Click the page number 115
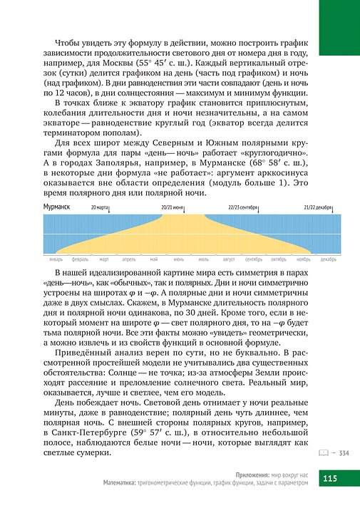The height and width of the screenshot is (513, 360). (x=333, y=477)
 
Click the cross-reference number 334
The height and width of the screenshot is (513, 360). (x=344, y=452)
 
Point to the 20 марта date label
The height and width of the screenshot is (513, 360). (x=101, y=207)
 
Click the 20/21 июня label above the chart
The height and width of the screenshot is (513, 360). (x=173, y=207)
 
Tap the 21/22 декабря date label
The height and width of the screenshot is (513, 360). (x=317, y=207)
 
